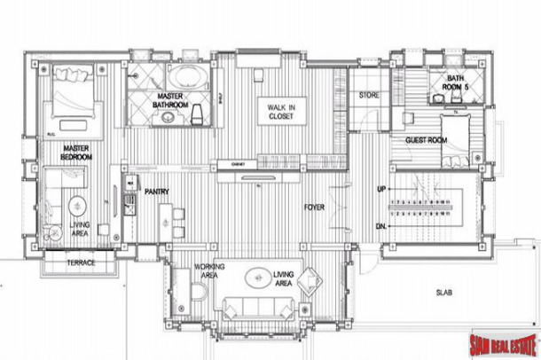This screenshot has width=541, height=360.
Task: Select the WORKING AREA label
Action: [x=209, y=271]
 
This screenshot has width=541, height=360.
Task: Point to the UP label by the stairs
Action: [x=381, y=190]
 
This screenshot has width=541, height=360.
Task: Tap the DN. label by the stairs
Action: [x=381, y=226]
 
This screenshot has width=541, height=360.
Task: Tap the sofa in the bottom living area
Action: [x=259, y=309]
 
